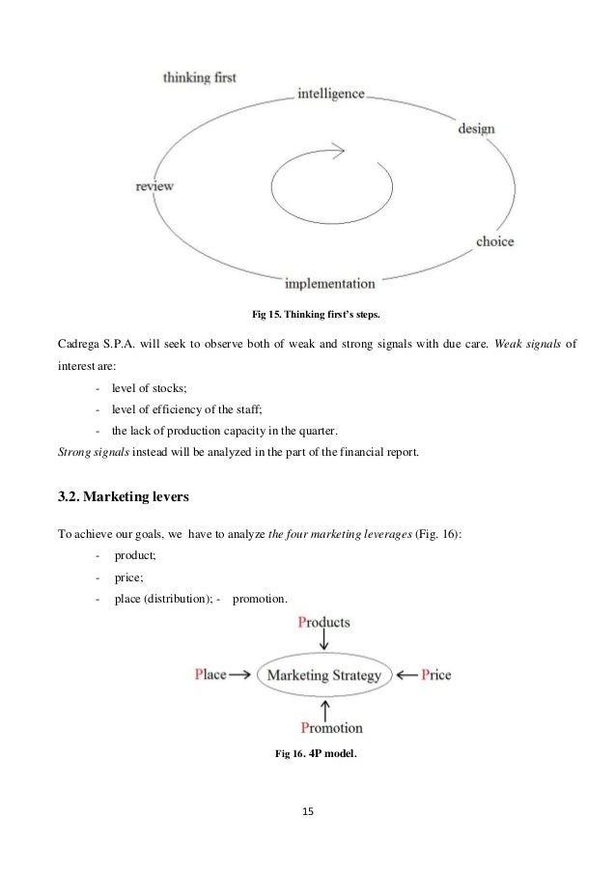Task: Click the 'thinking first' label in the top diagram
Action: point(199,75)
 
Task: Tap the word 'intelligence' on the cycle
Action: point(330,95)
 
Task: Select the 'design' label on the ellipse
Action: point(476,129)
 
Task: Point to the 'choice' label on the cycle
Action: point(494,241)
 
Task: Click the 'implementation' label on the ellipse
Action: point(329,284)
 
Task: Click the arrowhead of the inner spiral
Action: point(337,150)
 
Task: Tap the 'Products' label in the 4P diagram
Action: point(323,622)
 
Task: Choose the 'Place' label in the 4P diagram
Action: point(210,675)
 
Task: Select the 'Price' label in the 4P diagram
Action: point(434,675)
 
